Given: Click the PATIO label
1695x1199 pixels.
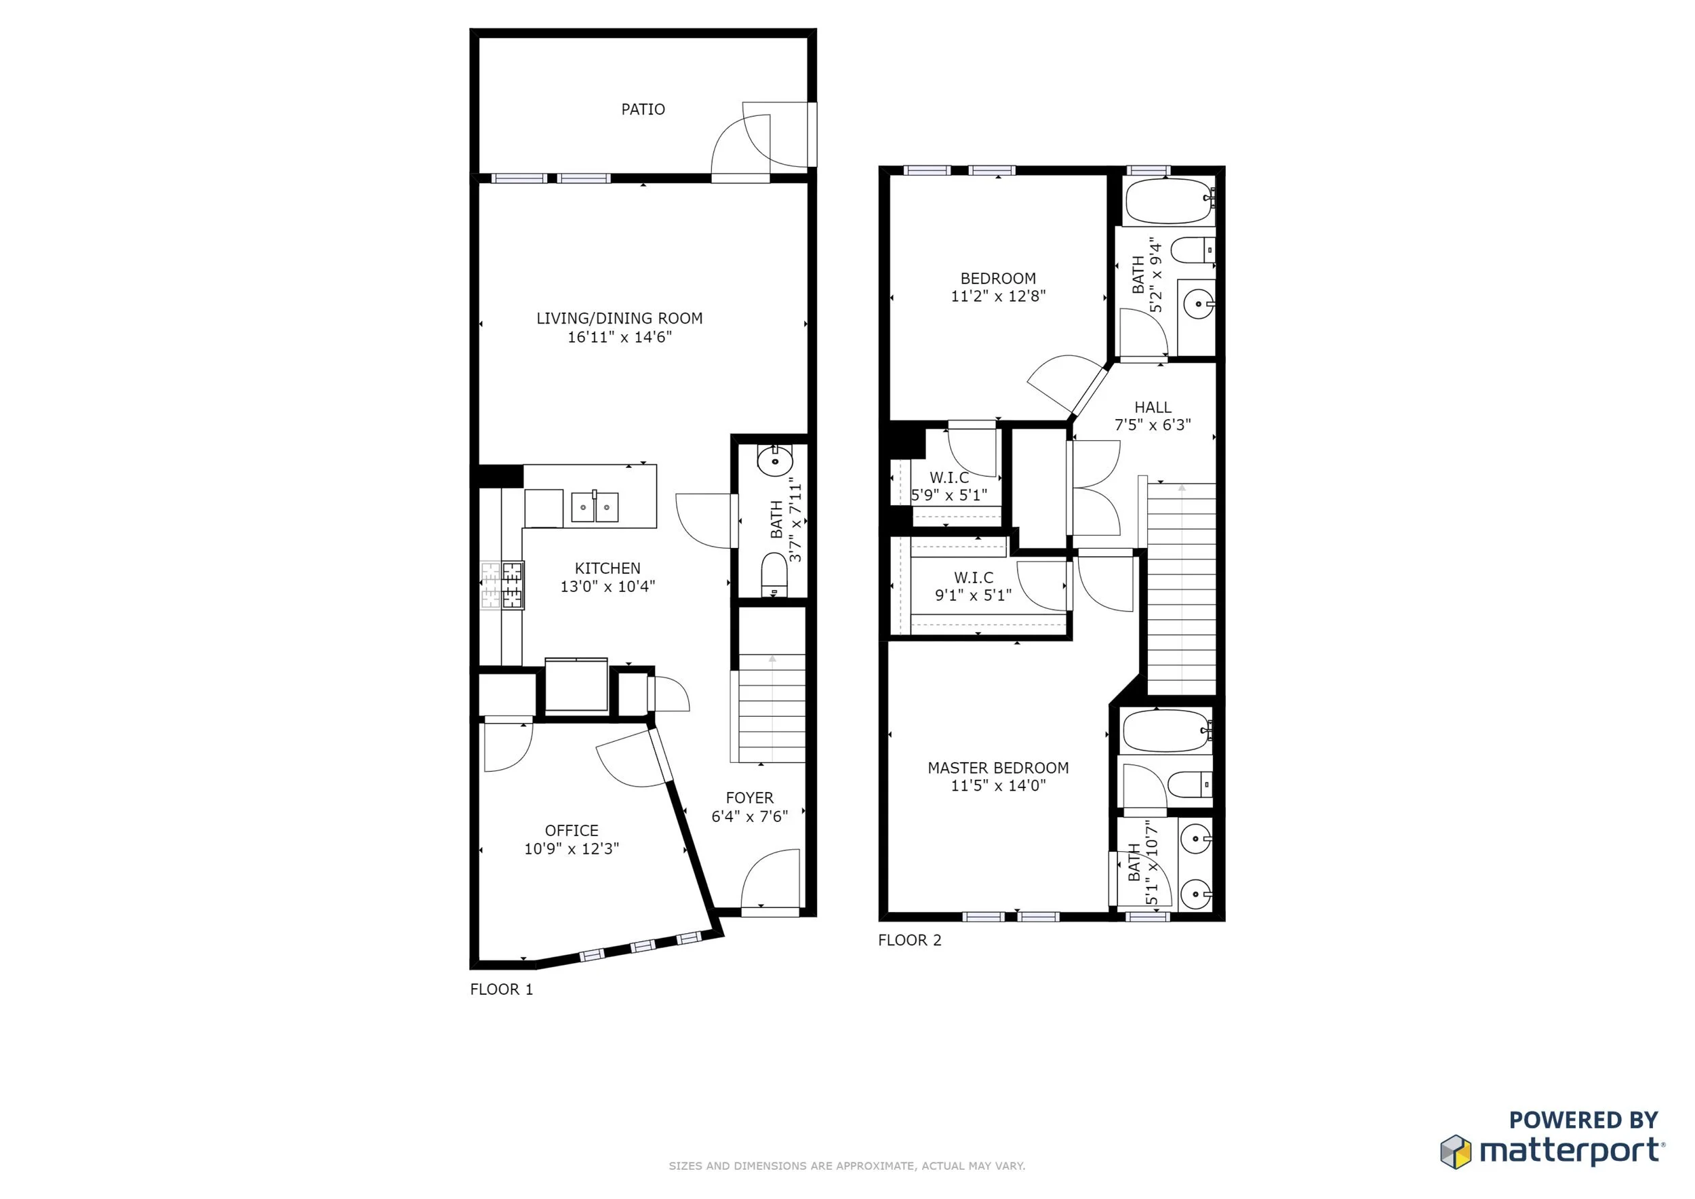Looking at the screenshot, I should pos(642,109).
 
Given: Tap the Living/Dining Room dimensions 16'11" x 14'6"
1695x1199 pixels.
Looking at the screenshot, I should pos(620,338).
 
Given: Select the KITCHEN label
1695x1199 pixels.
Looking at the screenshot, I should pos(607,568).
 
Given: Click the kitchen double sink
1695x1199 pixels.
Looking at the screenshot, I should pos(595,507).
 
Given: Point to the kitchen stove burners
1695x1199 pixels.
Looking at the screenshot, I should pos(503,585).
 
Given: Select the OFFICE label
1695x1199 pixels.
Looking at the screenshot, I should pos(572,830).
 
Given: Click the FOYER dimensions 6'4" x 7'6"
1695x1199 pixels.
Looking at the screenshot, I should pos(749,817).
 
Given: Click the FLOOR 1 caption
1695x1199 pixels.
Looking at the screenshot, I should pos(501,989).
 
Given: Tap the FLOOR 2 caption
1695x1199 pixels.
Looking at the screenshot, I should pos(909,940).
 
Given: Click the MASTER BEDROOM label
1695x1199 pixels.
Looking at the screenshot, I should pos(997,768).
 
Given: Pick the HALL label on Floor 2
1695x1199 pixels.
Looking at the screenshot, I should pos(1153,408).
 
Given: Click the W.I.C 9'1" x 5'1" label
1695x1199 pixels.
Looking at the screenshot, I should pos(973,586).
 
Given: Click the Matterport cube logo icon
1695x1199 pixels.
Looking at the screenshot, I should pos(1455,1152).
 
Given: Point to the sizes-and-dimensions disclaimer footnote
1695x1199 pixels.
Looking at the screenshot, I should pos(847,1166).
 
